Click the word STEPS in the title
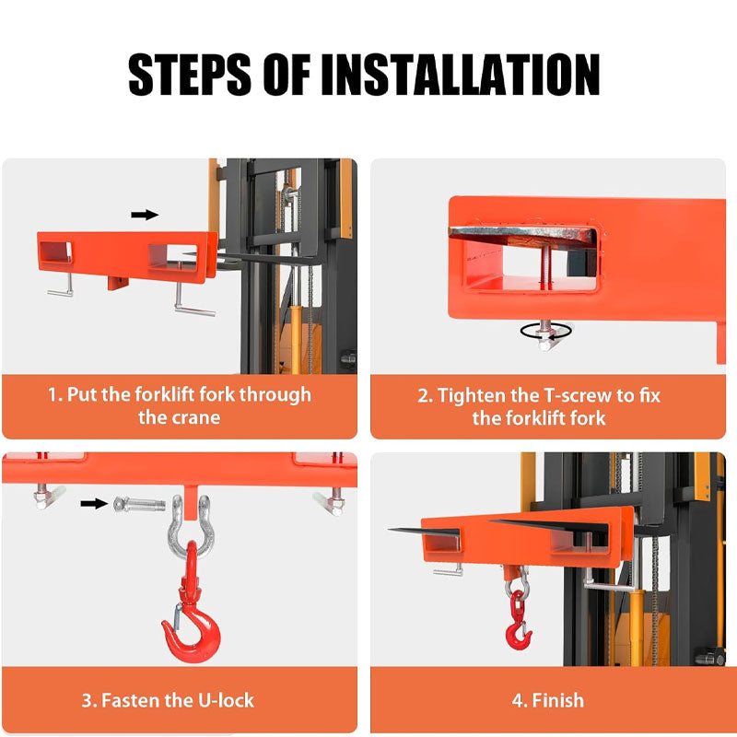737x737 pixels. [190, 75]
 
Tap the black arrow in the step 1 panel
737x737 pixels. [145, 215]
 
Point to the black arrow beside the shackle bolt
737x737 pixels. [95, 503]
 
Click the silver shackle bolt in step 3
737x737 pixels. [139, 504]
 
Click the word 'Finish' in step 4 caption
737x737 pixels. [557, 700]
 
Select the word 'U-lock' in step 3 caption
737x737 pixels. [226, 700]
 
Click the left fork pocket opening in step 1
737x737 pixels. [55, 252]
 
